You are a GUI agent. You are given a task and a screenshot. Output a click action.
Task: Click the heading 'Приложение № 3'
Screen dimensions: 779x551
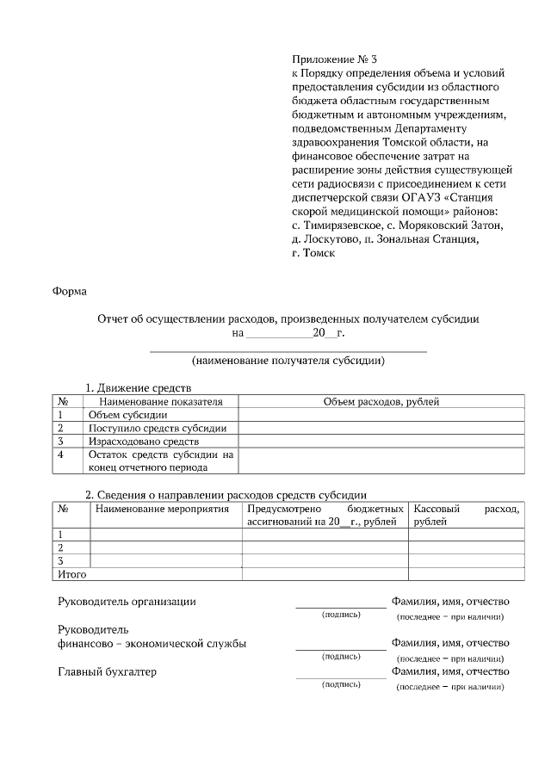tap(334, 59)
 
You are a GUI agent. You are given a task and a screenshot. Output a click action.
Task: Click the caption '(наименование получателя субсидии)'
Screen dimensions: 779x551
tap(288, 361)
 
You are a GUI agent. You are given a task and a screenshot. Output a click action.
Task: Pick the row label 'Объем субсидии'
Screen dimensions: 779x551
tap(128, 415)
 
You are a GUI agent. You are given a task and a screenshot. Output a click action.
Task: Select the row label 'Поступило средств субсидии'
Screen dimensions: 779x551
tap(158, 428)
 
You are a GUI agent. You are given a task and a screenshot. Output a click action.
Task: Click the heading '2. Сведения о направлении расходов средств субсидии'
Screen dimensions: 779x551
tap(226, 495)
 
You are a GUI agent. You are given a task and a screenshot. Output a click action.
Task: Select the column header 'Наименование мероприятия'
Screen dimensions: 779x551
tap(163, 509)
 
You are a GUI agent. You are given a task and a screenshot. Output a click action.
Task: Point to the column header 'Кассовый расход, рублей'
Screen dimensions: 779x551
tap(466, 515)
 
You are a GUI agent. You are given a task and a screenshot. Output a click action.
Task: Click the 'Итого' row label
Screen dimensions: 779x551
tap(72, 573)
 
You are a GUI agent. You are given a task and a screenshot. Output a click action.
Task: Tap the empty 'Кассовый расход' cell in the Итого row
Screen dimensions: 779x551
tap(466, 573)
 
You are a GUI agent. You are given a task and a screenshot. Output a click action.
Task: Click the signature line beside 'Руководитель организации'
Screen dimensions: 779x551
tap(341, 607)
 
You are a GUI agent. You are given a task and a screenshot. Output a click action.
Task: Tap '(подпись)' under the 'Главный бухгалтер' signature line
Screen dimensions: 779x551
tap(341, 684)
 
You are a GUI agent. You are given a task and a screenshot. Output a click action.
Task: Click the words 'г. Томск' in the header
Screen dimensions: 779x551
tap(313, 253)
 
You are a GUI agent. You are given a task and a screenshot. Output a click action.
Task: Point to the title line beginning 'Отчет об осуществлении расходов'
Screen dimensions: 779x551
tap(288, 318)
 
